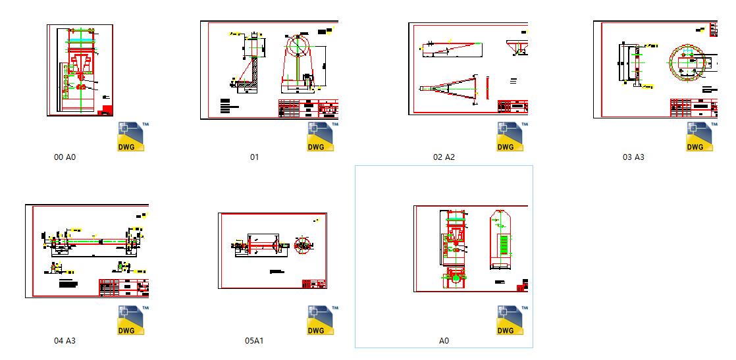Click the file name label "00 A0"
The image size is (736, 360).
point(65,157)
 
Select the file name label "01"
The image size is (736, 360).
point(255,157)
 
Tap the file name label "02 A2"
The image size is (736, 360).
point(444,157)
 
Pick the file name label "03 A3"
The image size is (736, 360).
point(633,157)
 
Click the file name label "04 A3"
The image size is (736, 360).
point(65,341)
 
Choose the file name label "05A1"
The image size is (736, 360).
point(254,341)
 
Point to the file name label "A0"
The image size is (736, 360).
point(444,341)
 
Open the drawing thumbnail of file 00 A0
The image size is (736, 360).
point(80,70)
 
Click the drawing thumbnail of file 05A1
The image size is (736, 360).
point(273,251)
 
